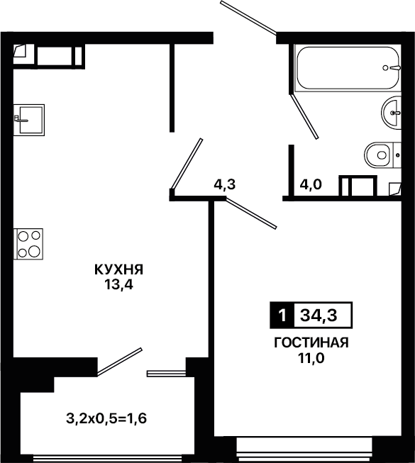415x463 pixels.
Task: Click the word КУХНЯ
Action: tap(118, 269)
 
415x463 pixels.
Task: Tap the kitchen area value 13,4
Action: tap(118, 284)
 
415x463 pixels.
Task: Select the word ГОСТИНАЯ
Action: tap(311, 342)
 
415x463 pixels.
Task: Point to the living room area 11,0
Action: tap(311, 358)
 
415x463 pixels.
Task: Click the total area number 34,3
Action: tap(319, 316)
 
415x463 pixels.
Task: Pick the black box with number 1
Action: tap(282, 315)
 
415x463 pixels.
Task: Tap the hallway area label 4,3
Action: tap(225, 184)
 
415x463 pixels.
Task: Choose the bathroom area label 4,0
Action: tap(311, 185)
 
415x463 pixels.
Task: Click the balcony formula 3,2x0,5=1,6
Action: tap(106, 418)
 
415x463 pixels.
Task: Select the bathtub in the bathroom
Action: tap(348, 68)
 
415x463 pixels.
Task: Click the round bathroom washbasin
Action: tap(391, 113)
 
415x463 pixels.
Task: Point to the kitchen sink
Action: tap(29, 120)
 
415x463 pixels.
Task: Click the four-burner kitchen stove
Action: tap(28, 244)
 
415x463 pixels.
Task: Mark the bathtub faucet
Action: tap(392, 68)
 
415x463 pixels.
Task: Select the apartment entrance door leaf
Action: tap(248, 17)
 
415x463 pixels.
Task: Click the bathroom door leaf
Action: tap(304, 116)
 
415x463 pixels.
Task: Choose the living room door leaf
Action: tap(250, 213)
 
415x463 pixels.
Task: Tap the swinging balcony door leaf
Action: tap(120, 362)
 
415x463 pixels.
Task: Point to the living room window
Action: tap(304, 450)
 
